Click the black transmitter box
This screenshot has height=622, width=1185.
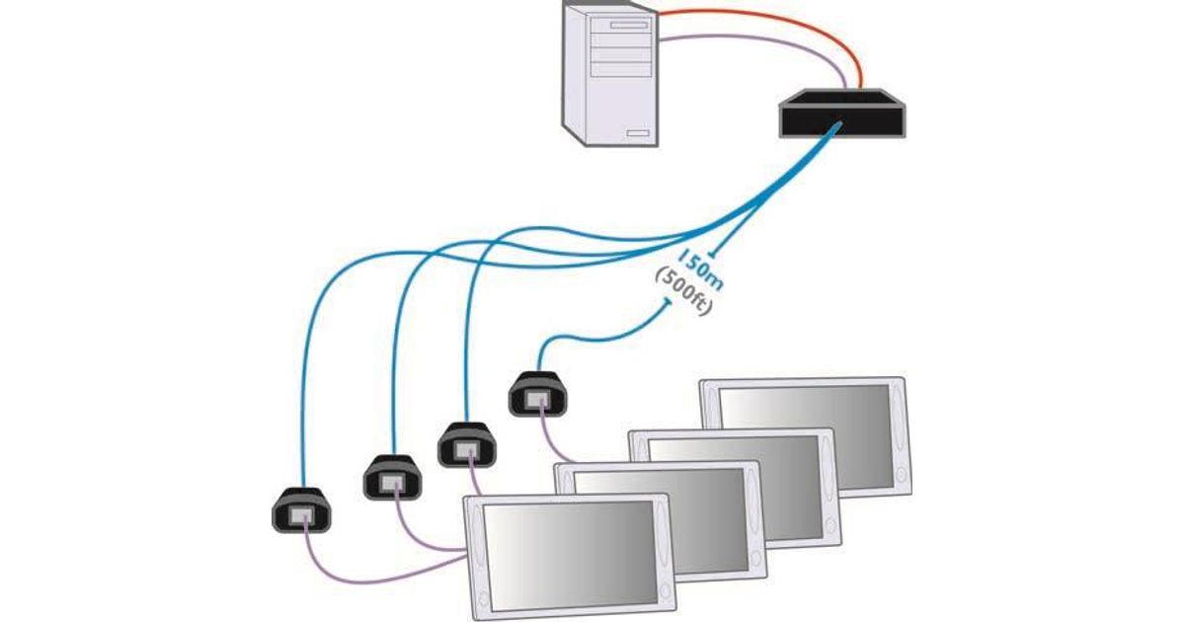pos(841,114)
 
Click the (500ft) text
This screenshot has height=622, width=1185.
pos(685,293)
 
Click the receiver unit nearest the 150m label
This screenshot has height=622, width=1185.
pos(538,392)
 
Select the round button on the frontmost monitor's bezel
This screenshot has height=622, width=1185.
pos(484,598)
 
